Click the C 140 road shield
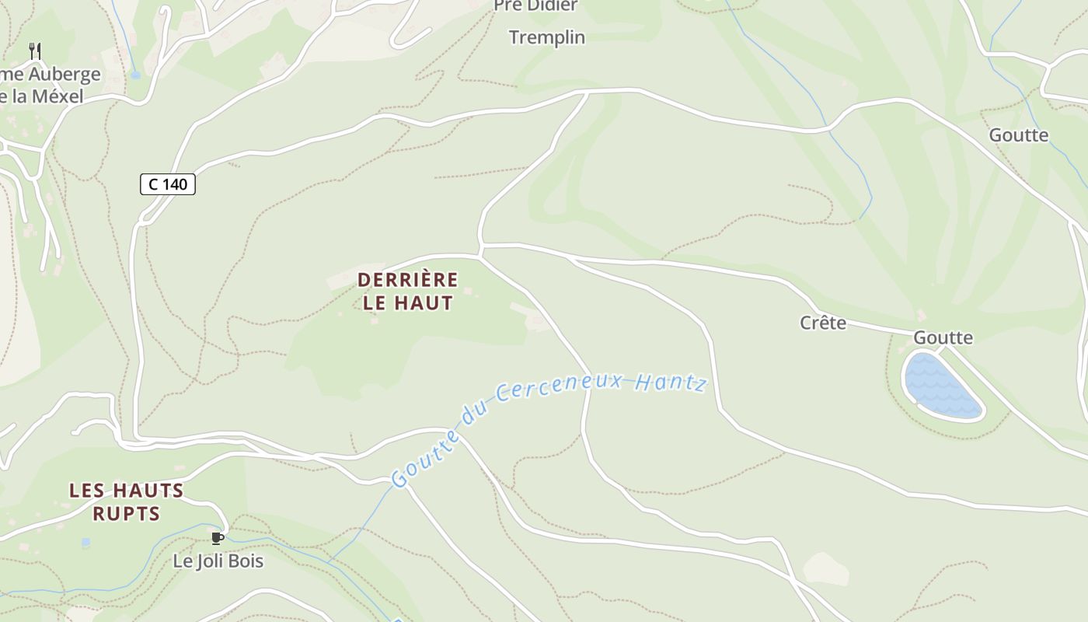[x=167, y=184]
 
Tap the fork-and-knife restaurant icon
[x=35, y=51]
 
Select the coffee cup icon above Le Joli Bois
[x=218, y=538]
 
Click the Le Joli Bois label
[x=218, y=561]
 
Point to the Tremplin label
[x=547, y=37]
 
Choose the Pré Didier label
[x=536, y=6]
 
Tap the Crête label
[x=823, y=322]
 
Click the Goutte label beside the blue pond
[x=943, y=337]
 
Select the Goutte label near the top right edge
[x=1018, y=135]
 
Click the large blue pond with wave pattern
[x=941, y=386]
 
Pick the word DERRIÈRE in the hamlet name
[x=408, y=279]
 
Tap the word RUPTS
[x=126, y=513]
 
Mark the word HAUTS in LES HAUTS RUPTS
[x=148, y=491]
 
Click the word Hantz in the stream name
[x=670, y=382]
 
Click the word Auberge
[x=65, y=75]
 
